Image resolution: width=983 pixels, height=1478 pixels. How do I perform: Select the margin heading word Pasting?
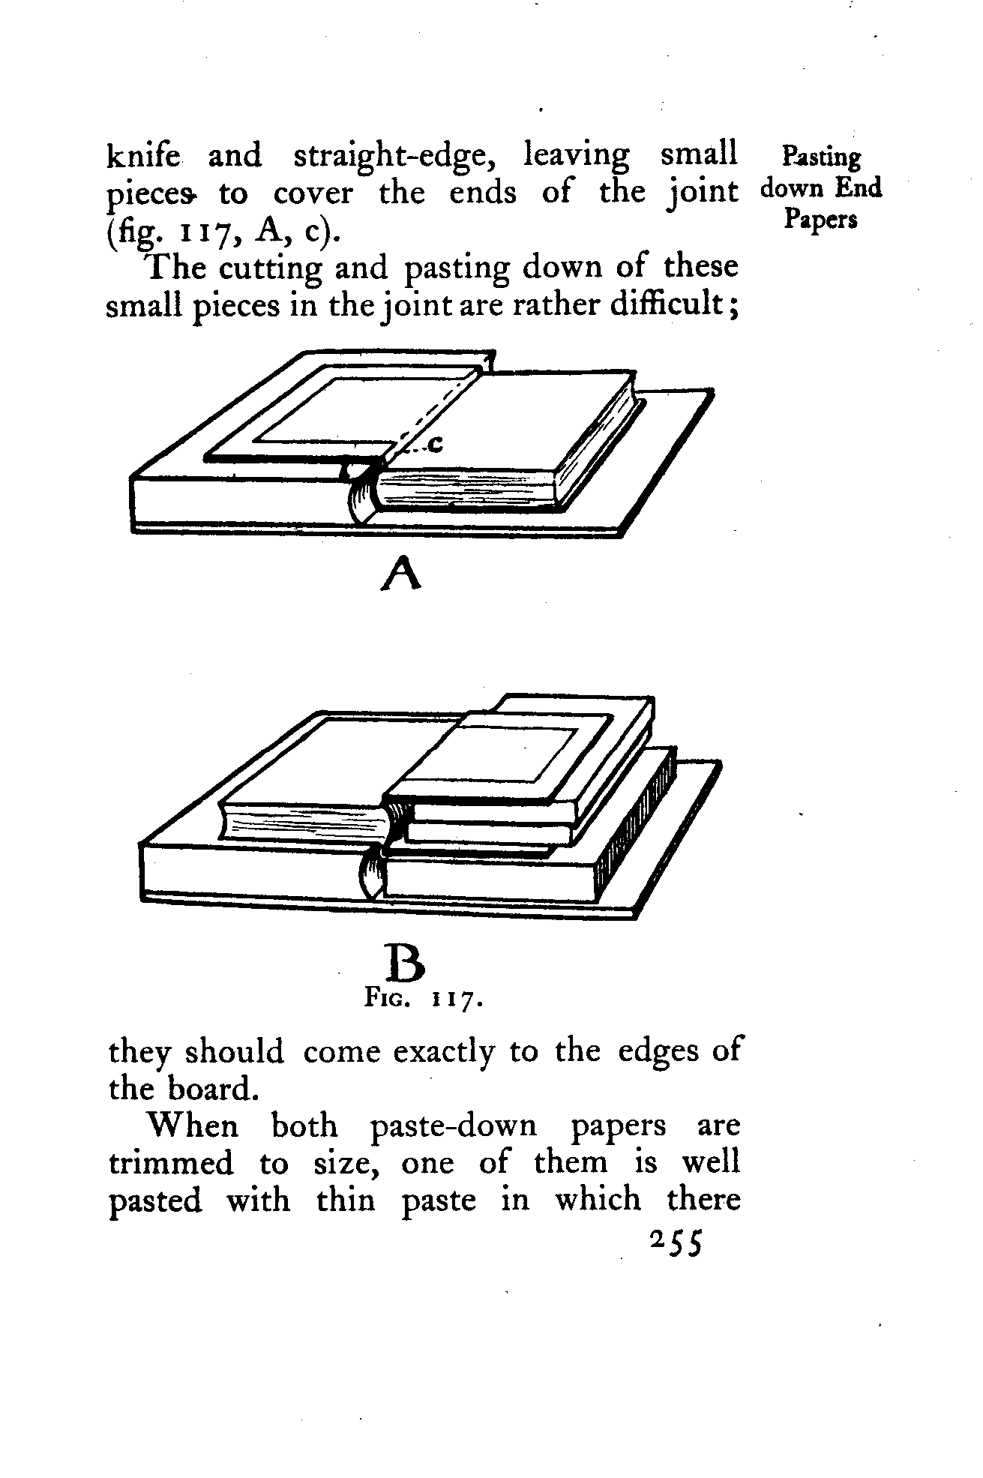821,158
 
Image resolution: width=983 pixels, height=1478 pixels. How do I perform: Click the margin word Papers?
821,219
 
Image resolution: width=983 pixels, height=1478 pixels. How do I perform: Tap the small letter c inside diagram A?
434,445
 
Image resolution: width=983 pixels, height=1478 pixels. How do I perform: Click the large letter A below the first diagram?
401,574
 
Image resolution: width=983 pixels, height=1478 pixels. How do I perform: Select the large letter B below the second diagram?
405,964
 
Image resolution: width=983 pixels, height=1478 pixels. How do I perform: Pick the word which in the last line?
598,1200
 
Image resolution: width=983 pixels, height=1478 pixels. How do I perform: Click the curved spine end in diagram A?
363,497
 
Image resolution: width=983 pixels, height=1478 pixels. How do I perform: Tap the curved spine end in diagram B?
373,875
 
